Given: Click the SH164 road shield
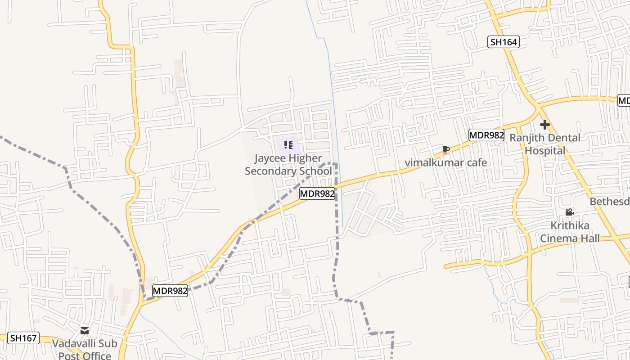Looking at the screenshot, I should pos(504,42).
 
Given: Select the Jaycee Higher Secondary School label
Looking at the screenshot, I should pos(288,165).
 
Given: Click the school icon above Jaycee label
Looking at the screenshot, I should pos(288,145).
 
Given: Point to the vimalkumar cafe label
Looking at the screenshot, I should pos(446,162).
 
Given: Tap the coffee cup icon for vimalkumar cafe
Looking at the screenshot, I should pos(445,149).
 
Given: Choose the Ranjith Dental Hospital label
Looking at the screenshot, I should pos(544,144).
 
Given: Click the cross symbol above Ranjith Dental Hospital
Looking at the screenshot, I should pos(545,125).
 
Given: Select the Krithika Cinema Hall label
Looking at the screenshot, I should pos(570,232).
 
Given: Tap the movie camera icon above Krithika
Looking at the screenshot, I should pos(569,212).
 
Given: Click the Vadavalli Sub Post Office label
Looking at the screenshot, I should pos(85,350).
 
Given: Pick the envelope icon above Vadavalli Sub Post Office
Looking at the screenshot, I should pos(85,331).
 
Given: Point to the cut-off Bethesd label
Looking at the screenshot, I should pos(610,201).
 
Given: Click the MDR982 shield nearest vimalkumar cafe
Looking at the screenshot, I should pos(486,135).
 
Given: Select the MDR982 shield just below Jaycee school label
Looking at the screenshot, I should pos(317,194).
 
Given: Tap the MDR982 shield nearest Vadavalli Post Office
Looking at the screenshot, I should pos(170,291).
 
